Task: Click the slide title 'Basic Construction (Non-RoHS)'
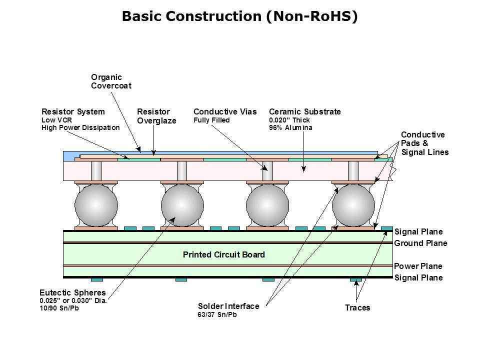click(240, 16)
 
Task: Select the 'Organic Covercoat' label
click(111, 81)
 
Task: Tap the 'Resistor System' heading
click(73, 111)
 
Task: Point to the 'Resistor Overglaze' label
click(156, 116)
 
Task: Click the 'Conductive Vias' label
click(225, 111)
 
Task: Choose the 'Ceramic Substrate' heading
click(305, 111)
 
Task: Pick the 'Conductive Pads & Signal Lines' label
click(424, 143)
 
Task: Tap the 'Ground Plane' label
click(420, 243)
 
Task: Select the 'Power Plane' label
click(418, 266)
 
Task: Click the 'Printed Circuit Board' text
click(223, 255)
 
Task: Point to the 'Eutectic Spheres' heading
click(72, 292)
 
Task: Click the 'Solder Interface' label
click(228, 306)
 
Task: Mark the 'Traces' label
click(357, 307)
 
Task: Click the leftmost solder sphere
click(96, 205)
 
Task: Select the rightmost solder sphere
click(353, 205)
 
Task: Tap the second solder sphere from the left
click(182, 205)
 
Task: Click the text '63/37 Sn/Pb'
click(216, 315)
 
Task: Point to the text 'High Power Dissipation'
click(80, 127)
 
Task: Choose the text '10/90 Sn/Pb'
click(59, 308)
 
